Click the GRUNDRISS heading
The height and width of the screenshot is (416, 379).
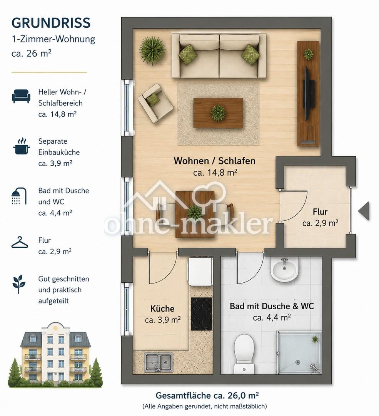(x=51, y=23)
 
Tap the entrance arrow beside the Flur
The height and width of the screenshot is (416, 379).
(x=364, y=211)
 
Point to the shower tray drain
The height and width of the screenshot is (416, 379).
(x=298, y=362)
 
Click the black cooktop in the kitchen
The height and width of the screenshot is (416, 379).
(x=201, y=314)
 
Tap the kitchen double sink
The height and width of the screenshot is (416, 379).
(x=159, y=362)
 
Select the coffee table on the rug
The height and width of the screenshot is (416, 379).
(x=218, y=113)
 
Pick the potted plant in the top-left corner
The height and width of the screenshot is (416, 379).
(x=152, y=50)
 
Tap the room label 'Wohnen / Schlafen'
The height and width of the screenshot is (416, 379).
(x=214, y=161)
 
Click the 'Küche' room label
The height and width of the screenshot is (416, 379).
(x=162, y=309)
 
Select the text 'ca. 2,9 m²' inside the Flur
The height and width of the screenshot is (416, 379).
(x=320, y=223)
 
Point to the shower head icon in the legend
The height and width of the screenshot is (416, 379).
(x=19, y=196)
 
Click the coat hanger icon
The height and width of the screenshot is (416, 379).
(x=20, y=243)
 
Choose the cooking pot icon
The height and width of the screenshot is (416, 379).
(x=21, y=146)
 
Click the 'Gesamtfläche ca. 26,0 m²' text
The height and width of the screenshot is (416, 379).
(x=207, y=395)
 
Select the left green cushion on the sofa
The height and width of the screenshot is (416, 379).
(x=188, y=54)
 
